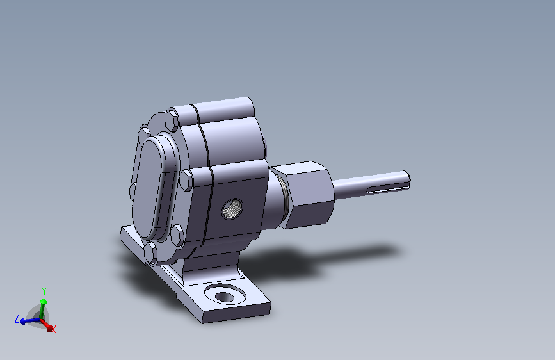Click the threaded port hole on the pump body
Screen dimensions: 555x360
[x=232, y=209]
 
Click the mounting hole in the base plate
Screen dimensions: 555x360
[x=225, y=297]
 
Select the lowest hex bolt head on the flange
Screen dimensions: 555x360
[x=151, y=253]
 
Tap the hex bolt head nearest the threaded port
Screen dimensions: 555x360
[x=186, y=179]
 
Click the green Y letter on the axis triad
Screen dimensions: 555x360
[x=44, y=291]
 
